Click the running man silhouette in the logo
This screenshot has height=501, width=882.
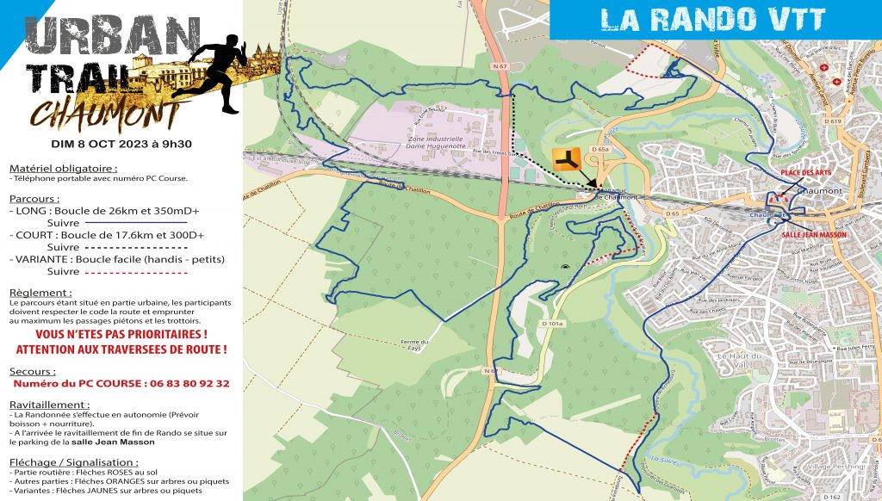pos(216,73)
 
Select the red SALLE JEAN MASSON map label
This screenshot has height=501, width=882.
pos(814,234)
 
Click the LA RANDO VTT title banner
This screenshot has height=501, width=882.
pos(712,19)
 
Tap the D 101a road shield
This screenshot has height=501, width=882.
pos(552,324)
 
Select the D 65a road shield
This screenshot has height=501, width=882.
pos(601,150)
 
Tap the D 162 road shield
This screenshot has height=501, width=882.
pos(831,497)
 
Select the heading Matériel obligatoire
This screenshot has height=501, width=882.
pos(63,168)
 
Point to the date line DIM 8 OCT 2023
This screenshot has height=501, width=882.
pos(120,144)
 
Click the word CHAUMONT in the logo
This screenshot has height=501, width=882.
pos(103,114)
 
